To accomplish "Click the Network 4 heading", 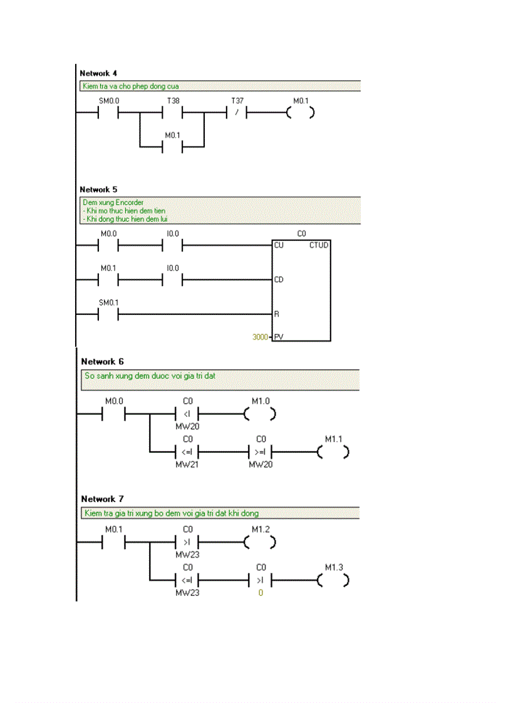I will click(x=98, y=73).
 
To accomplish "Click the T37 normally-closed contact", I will click(x=236, y=113).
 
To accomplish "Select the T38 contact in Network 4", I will click(x=172, y=113).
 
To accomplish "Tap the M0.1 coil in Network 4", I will click(x=300, y=113).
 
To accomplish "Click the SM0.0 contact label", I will click(x=109, y=100).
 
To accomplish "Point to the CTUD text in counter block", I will click(x=319, y=245).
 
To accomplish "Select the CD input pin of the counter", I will click(x=279, y=279).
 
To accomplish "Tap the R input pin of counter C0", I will click(x=276, y=314).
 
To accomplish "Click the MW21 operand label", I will click(x=187, y=464).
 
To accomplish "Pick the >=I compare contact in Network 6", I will click(x=261, y=451).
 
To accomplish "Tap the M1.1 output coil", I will click(x=333, y=451).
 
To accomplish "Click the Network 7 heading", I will click(x=103, y=499).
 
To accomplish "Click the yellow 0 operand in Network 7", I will click(x=261, y=592).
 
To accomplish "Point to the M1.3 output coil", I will click(x=333, y=580).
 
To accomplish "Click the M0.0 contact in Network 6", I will click(x=114, y=414).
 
